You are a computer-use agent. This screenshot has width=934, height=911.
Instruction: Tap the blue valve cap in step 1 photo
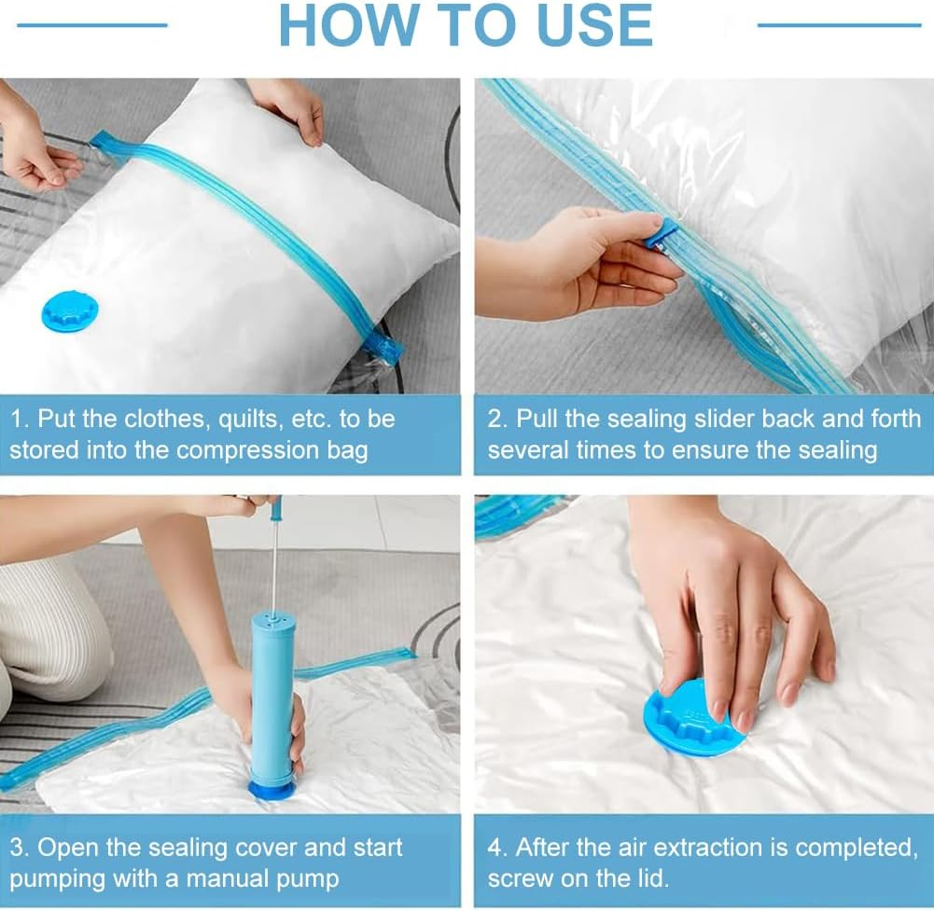(x=70, y=311)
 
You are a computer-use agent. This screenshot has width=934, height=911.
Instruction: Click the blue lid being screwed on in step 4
(x=694, y=722)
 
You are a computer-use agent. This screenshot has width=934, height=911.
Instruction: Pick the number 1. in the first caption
(x=20, y=419)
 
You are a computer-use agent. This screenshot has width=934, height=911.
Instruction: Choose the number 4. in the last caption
(x=497, y=848)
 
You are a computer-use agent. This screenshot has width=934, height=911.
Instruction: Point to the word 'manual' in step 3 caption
(x=223, y=878)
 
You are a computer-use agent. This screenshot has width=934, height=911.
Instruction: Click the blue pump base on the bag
(x=270, y=792)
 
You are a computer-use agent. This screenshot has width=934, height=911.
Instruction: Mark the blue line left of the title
(x=92, y=25)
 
